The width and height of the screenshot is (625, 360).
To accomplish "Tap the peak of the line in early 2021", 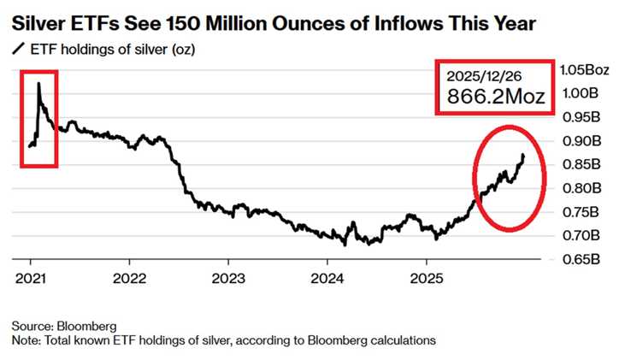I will coord(38,83).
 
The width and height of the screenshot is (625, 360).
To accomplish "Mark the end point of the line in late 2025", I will coord(523,154).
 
